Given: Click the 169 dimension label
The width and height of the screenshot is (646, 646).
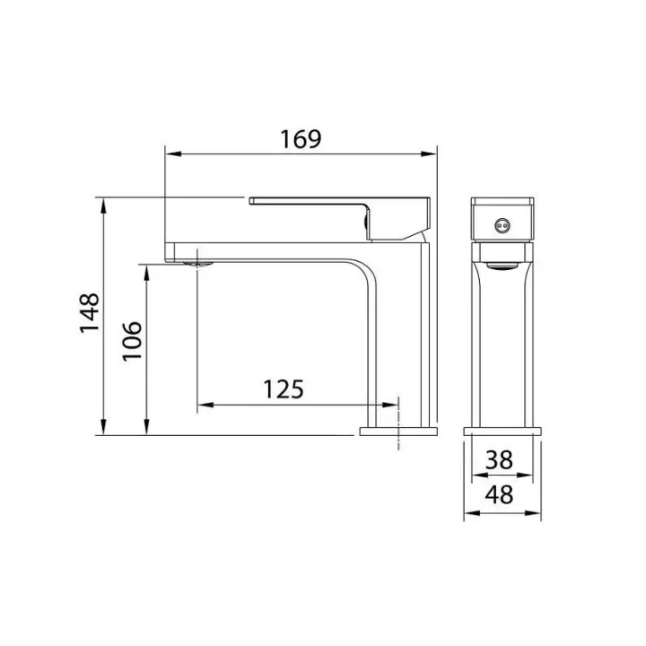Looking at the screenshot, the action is click(x=301, y=139).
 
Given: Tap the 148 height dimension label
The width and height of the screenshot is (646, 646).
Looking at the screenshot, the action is click(x=90, y=313).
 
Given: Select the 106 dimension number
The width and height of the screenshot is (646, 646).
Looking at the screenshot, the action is click(x=132, y=341).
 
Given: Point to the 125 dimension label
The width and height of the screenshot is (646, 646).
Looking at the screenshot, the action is click(x=284, y=389).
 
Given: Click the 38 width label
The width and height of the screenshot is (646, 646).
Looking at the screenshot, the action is click(x=499, y=459).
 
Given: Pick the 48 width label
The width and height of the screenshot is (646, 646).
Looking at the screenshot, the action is click(x=499, y=494).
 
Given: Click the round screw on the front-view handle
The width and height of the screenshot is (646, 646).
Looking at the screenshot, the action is click(x=502, y=225).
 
